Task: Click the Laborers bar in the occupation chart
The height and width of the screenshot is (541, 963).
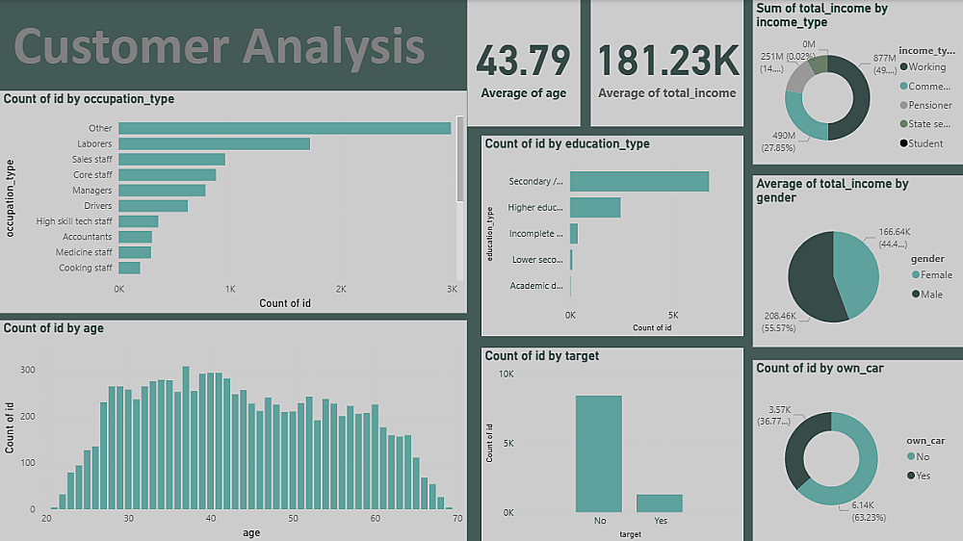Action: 214,144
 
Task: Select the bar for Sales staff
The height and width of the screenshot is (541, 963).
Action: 171,160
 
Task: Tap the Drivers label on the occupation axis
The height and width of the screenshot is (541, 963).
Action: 97,206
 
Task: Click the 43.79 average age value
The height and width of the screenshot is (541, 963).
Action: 523,61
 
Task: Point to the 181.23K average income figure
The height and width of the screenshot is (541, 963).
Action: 667,61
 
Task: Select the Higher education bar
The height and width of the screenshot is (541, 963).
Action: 595,208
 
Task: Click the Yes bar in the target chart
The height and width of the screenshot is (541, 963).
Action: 660,502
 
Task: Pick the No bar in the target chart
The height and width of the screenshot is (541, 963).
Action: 598,453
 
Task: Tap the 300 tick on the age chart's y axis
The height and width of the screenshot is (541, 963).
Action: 27,370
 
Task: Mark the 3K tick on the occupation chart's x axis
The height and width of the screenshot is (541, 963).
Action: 452,289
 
